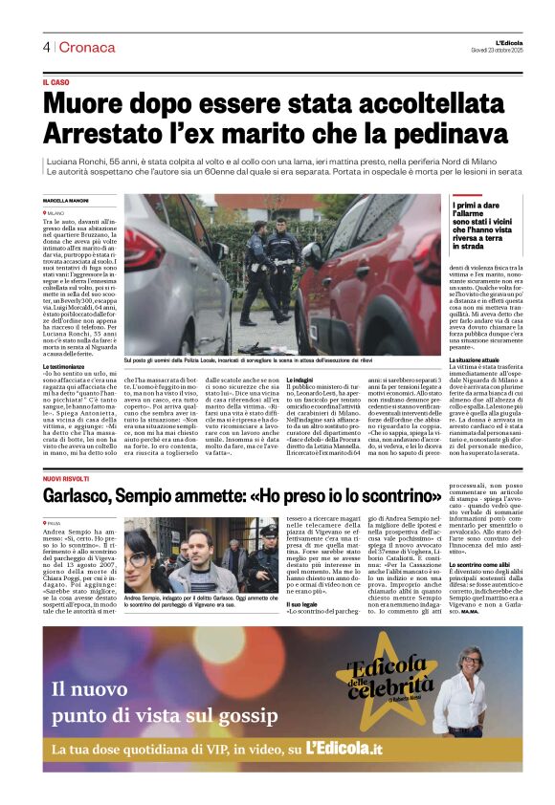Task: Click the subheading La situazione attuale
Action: (x=480, y=359)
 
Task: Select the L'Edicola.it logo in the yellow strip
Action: (x=344, y=749)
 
